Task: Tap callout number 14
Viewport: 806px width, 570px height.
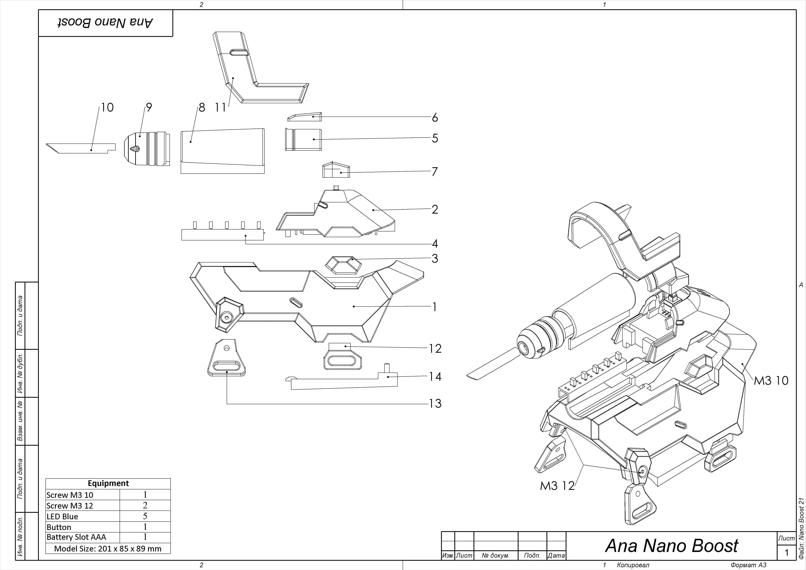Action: pyautogui.click(x=435, y=377)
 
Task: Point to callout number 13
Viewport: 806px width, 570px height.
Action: pyautogui.click(x=435, y=404)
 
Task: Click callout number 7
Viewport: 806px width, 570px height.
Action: pyautogui.click(x=435, y=172)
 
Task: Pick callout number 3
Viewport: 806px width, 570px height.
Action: pyautogui.click(x=435, y=258)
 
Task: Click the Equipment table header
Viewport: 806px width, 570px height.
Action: pyautogui.click(x=108, y=483)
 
